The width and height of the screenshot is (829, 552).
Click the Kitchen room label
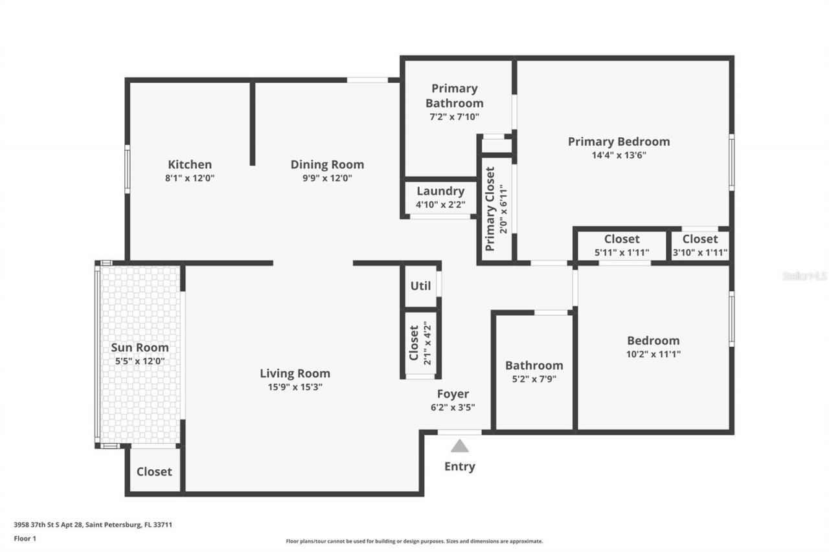tap(190, 164)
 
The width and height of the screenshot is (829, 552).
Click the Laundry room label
tap(440, 192)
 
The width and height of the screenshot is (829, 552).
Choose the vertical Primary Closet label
tap(490, 209)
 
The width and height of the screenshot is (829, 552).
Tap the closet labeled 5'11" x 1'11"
tap(622, 239)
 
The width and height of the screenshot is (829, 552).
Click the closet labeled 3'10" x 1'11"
tap(700, 239)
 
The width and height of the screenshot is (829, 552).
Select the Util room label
tap(420, 285)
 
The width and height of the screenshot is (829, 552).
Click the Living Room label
tap(295, 373)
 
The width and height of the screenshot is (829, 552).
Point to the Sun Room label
tap(139, 348)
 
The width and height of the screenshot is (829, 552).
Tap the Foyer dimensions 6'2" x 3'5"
tap(453, 408)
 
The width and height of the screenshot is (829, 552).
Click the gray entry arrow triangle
tap(460, 446)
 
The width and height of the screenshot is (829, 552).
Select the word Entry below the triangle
tap(460, 467)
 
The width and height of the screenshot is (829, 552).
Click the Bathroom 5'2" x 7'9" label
tap(534, 366)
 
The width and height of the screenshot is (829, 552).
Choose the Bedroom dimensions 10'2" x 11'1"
tap(653, 355)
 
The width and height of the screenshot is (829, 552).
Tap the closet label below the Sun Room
tap(154, 472)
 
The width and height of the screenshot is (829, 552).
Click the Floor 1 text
tap(25, 538)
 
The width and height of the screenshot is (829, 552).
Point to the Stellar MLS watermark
tap(804, 276)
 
